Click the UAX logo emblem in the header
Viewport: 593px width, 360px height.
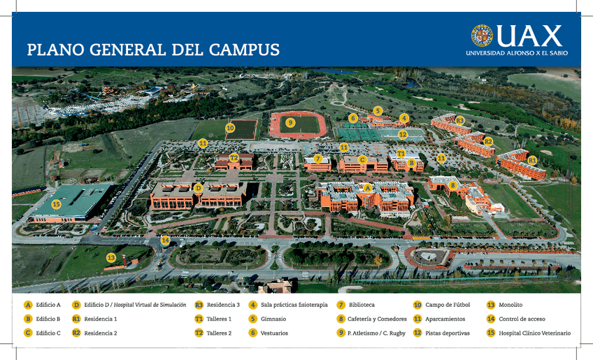click(x=481, y=36)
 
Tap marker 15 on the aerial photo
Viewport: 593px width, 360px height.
click(x=56, y=205)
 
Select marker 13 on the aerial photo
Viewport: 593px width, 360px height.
click(x=110, y=258)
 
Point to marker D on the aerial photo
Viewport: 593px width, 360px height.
click(x=198, y=188)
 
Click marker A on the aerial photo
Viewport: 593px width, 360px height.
click(x=368, y=187)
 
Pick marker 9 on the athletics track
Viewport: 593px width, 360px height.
click(x=290, y=122)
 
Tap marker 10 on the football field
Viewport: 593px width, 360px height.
click(x=230, y=128)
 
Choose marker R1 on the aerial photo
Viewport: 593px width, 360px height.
click(x=532, y=160)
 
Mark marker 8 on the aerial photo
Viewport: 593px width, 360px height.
click(x=453, y=185)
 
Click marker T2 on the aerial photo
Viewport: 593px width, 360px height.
click(x=234, y=158)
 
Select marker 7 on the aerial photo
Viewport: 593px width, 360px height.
click(x=318, y=159)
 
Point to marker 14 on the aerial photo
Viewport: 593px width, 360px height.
click(x=165, y=240)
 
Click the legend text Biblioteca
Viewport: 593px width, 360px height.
click(x=362, y=305)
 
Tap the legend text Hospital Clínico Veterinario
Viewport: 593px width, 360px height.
click(x=534, y=333)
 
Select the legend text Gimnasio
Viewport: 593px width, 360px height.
click(x=273, y=319)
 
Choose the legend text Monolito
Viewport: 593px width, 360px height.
click(x=510, y=305)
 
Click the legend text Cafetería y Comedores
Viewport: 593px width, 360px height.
click(x=377, y=319)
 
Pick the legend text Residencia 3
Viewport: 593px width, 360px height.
click(x=223, y=305)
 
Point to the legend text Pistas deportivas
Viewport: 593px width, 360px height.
click(x=448, y=333)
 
